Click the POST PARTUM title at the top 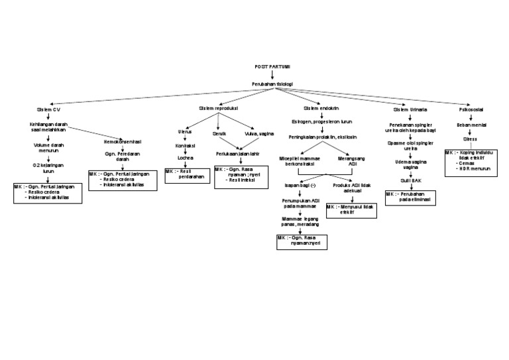[x=272, y=67]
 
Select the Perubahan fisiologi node [x=272, y=84]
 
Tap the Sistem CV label [x=48, y=109]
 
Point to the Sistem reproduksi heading [x=218, y=107]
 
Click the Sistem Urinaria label [x=410, y=109]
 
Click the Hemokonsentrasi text [x=123, y=142]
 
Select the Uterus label [x=185, y=132]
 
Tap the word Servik [x=219, y=133]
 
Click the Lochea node [x=185, y=158]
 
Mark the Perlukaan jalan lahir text [x=237, y=153]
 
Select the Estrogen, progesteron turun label [x=321, y=122]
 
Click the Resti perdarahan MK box [x=184, y=174]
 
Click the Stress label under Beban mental [x=470, y=139]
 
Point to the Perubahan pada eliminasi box [x=411, y=197]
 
